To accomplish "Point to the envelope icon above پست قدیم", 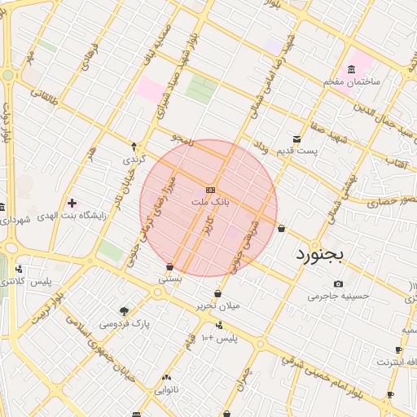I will pos(296,138).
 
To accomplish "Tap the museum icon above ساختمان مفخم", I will pos(351,68).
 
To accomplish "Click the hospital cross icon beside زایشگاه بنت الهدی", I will pos(72,203).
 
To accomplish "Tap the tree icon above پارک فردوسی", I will pos(124,311).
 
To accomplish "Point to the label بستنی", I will pos(169,279).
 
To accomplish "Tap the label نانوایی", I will pos(166,390).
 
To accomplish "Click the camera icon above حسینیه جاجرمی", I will pos(338,284).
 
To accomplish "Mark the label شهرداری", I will pos(15,220).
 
